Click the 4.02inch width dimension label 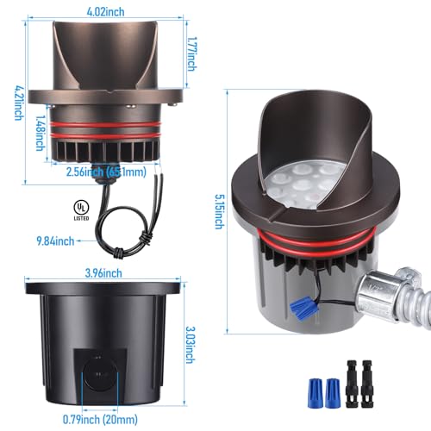[x=106, y=12]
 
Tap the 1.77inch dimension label [x=191, y=53]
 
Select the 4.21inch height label [x=19, y=103]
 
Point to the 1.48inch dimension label [x=41, y=133]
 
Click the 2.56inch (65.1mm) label [x=106, y=172]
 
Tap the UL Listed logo [x=81, y=210]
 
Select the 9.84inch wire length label [x=55, y=240]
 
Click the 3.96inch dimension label [x=103, y=273]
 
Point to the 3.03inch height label [x=190, y=345]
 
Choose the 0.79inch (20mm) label [x=100, y=420]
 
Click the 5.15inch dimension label [x=220, y=211]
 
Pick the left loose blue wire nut [x=315, y=393]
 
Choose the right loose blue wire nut [x=332, y=393]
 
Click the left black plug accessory [x=352, y=384]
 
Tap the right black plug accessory [x=367, y=384]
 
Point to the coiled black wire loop [x=123, y=230]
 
